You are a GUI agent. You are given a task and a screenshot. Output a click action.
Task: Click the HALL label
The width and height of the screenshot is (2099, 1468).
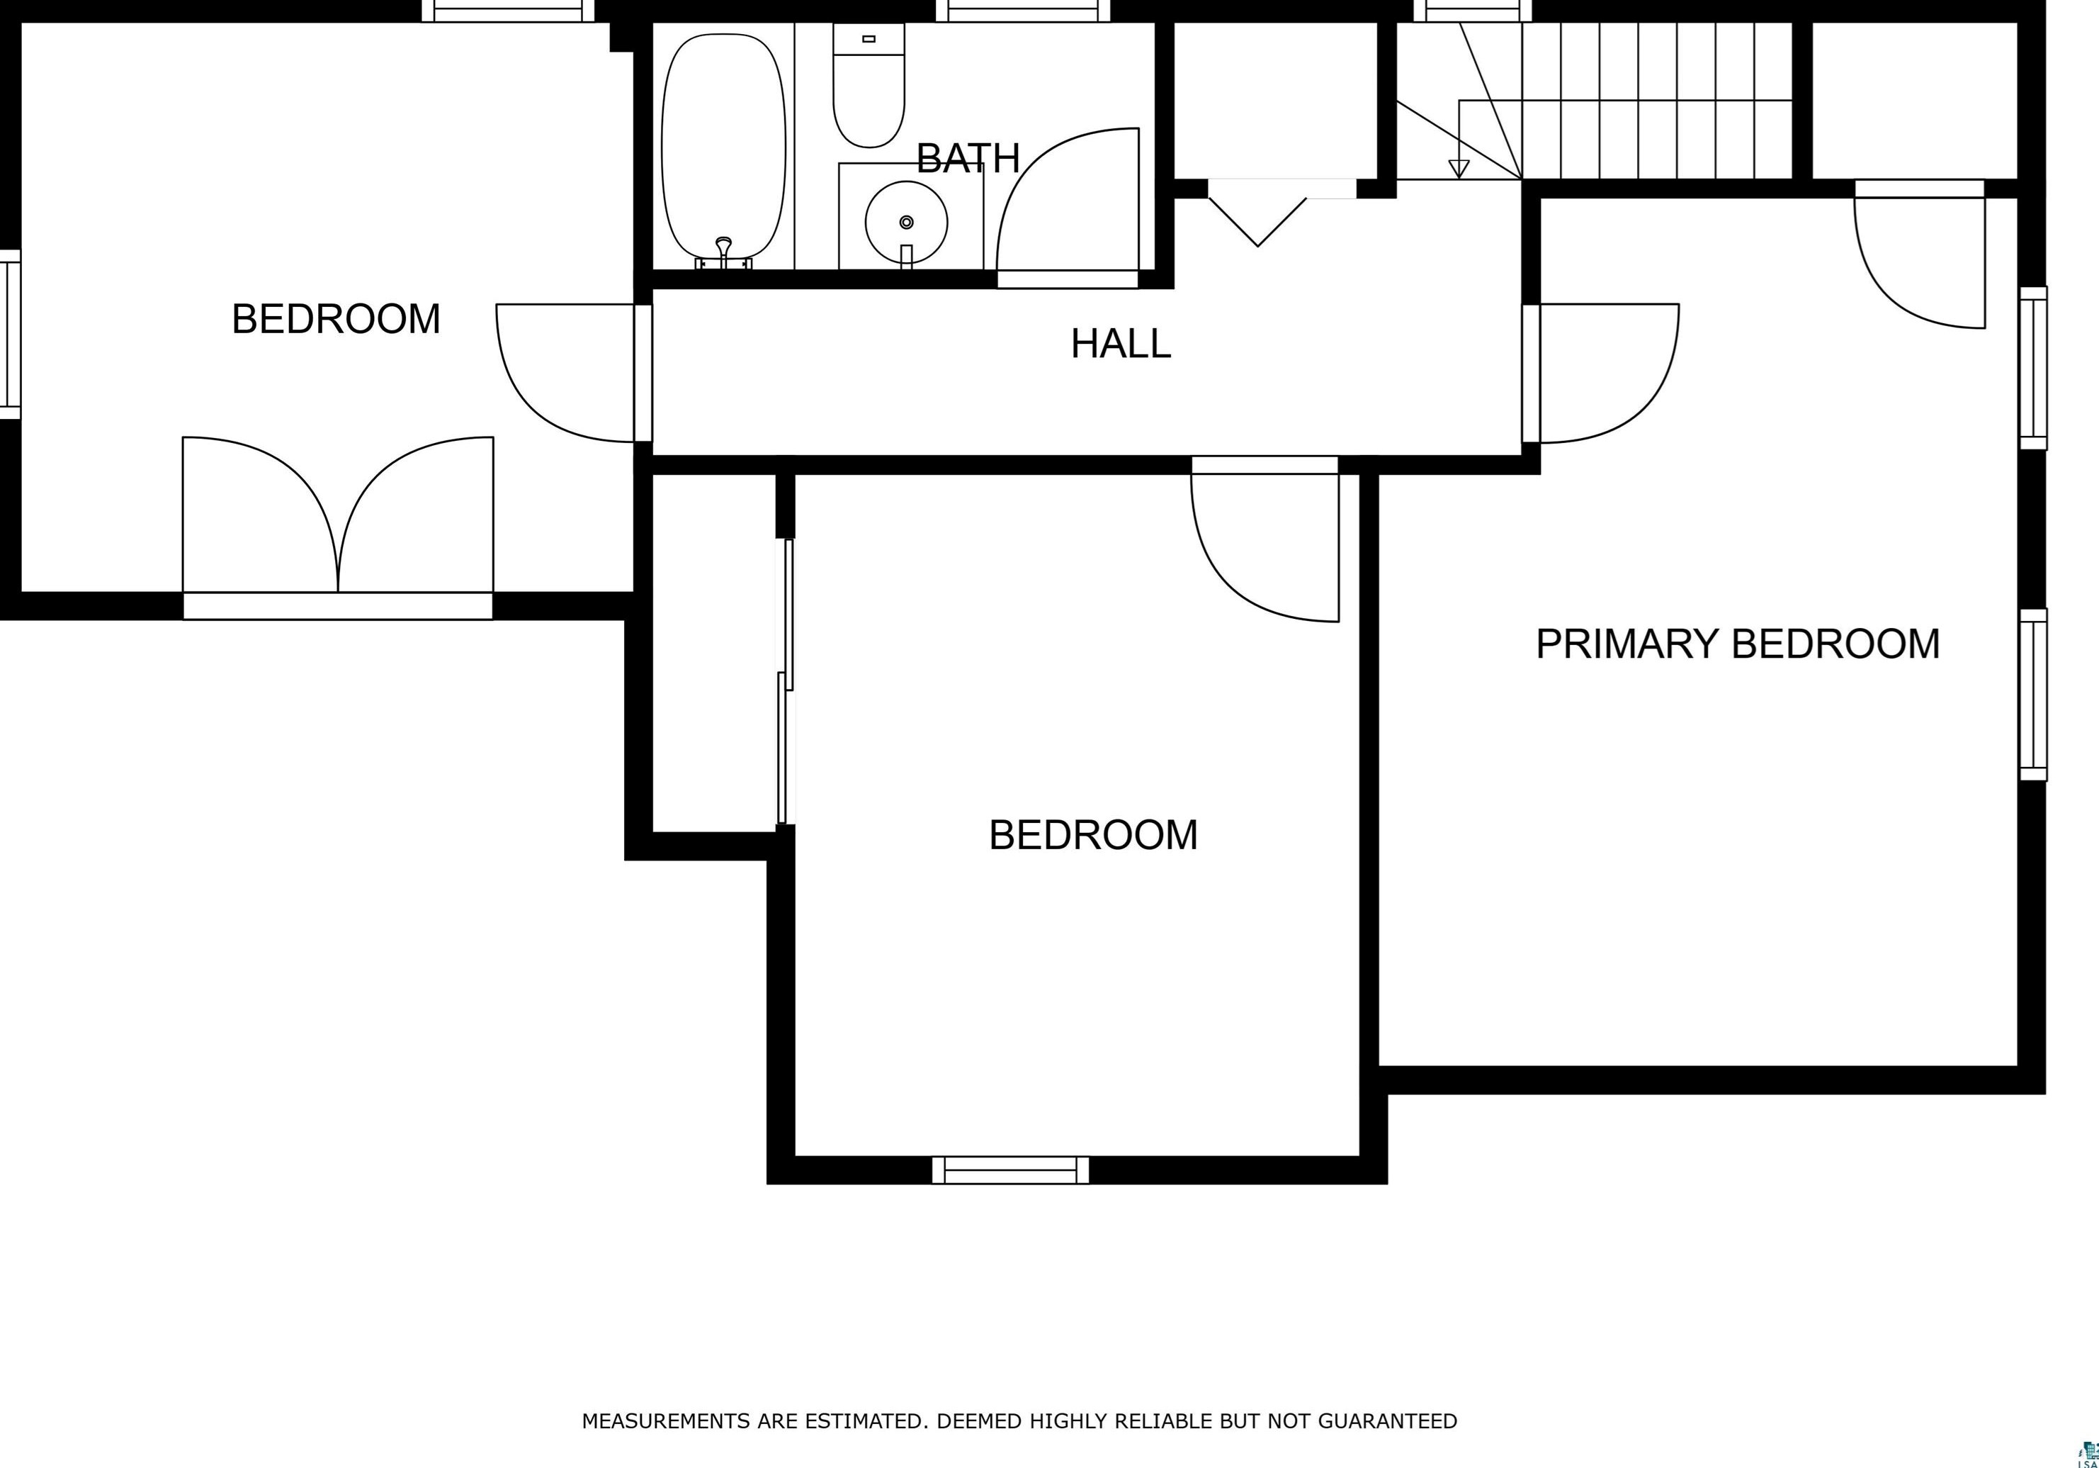pos(1121,344)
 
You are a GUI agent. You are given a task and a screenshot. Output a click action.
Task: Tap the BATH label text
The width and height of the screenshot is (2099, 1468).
pos(968,159)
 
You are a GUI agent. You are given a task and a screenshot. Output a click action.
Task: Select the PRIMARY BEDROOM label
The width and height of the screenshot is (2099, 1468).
pos(1738,644)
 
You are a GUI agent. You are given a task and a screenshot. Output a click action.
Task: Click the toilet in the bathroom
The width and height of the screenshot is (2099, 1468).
pos(869,85)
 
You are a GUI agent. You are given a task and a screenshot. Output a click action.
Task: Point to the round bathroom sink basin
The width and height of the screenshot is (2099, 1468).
pos(906,223)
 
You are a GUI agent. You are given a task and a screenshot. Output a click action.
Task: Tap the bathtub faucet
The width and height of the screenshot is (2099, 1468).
pos(724,252)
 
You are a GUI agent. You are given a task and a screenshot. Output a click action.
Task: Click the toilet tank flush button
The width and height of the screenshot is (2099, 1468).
pos(869,38)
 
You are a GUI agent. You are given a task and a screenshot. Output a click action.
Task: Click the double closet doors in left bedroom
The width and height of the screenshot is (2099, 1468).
pos(338,514)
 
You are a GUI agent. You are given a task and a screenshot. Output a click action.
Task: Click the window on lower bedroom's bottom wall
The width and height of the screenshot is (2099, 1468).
pos(1010,1170)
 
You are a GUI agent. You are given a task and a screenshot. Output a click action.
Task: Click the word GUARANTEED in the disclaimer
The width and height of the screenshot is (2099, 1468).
pos(1388,1421)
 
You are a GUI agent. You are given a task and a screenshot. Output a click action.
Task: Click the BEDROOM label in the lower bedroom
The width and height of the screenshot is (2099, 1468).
pos(1093,835)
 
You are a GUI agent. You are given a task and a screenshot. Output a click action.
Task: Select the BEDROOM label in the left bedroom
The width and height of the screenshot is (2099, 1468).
pos(336,319)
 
